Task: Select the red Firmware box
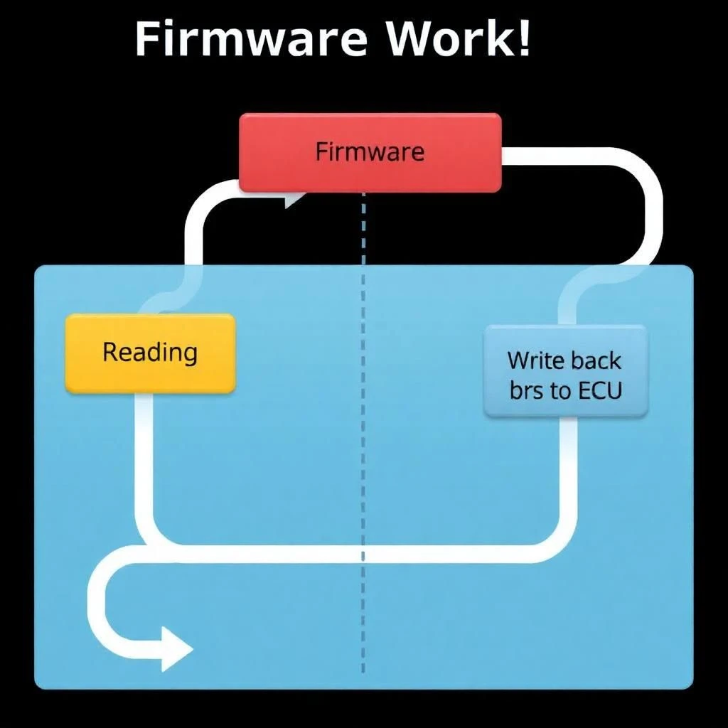click(370, 152)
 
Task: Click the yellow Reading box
click(150, 353)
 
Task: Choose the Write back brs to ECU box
click(565, 370)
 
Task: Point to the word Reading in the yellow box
click(150, 353)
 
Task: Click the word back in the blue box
click(596, 360)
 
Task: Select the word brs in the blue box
click(526, 391)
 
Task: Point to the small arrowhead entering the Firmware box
click(291, 200)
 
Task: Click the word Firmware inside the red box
click(370, 152)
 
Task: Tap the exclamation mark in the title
click(523, 39)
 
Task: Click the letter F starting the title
click(146, 39)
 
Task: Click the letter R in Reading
click(111, 352)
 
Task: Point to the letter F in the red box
click(321, 152)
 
